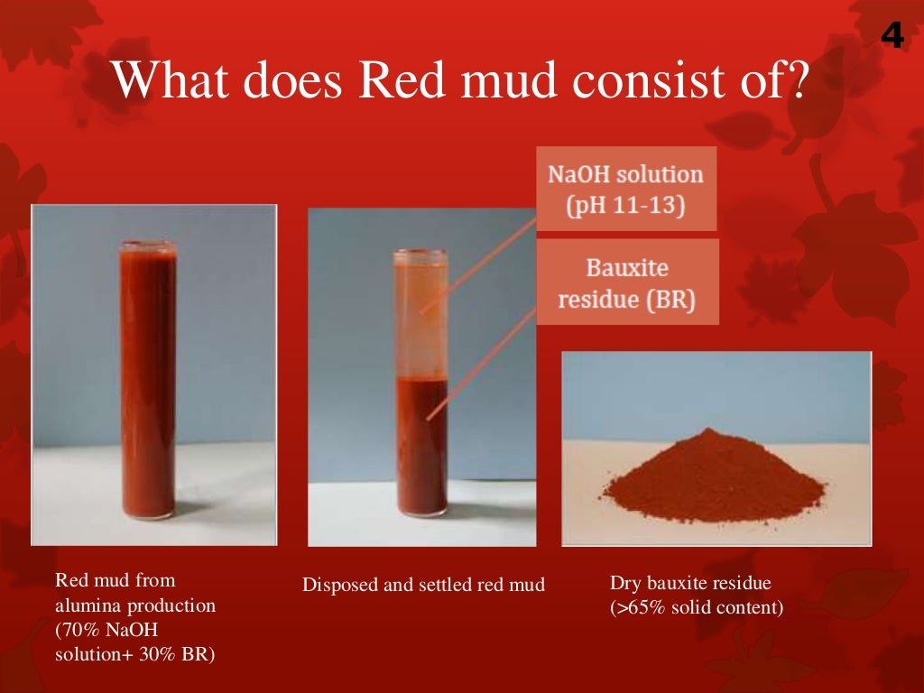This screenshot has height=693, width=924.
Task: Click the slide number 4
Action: click(892, 36)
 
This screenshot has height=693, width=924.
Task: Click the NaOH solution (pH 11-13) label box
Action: click(625, 189)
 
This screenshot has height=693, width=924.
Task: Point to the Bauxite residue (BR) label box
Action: click(627, 282)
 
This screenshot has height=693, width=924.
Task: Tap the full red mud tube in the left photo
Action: click(148, 379)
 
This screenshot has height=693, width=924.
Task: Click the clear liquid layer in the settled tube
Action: click(420, 316)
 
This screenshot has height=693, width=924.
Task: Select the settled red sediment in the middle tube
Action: click(421, 447)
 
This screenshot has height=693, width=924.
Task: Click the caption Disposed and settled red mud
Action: click(423, 585)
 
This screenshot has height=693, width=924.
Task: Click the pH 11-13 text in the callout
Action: click(625, 206)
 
